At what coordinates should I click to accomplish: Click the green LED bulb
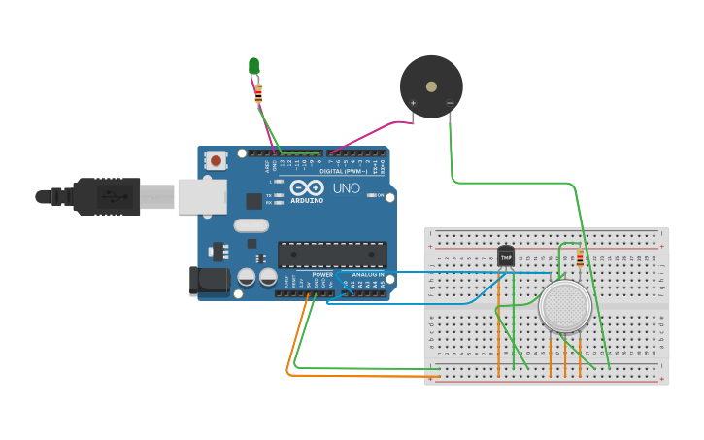[253, 65]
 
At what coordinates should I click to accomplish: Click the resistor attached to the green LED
[258, 94]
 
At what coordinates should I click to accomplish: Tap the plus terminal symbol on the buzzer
[414, 103]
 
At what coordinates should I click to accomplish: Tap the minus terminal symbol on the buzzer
[449, 103]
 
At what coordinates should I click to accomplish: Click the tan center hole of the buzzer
[431, 86]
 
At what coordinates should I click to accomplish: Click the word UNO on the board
[347, 188]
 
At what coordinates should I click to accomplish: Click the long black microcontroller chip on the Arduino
[332, 254]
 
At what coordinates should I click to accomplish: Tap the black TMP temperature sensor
[506, 256]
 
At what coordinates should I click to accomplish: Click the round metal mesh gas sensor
[565, 306]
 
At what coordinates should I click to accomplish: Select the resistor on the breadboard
[581, 258]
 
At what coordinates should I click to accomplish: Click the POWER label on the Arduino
[322, 275]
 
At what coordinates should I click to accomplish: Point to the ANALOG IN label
[367, 275]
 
